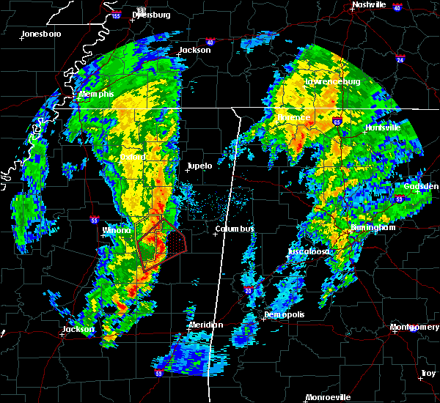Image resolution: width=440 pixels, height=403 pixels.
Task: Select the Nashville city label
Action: coord(368,4)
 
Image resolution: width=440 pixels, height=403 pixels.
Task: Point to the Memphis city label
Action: coord(97,95)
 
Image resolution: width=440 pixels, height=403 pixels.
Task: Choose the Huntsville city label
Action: coord(383,127)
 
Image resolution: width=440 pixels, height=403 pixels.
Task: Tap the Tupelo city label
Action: coord(199,166)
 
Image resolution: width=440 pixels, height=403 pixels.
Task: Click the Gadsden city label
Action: coord(421,187)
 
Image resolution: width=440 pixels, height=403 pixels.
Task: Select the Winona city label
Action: coord(117,230)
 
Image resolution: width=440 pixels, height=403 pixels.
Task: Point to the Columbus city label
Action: coord(234,229)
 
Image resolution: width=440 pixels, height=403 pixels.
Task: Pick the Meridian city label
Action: coord(205,325)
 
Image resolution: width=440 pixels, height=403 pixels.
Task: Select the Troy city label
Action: coord(428,374)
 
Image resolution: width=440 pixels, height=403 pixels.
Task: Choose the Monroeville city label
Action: coord(328,397)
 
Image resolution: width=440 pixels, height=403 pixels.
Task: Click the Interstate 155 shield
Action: coord(115,15)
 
